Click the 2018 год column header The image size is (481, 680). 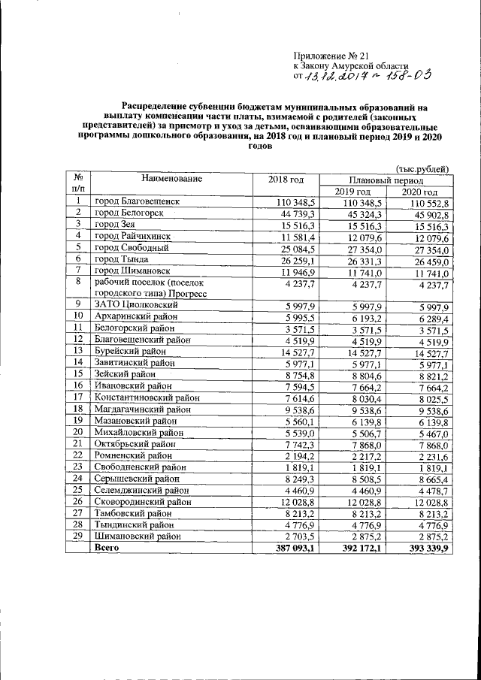[x=286, y=179]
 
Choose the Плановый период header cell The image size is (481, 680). [x=386, y=180]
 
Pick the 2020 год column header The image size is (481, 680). [x=419, y=192]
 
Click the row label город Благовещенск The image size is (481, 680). [x=138, y=204]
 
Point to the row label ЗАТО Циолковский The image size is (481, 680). [x=136, y=305]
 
